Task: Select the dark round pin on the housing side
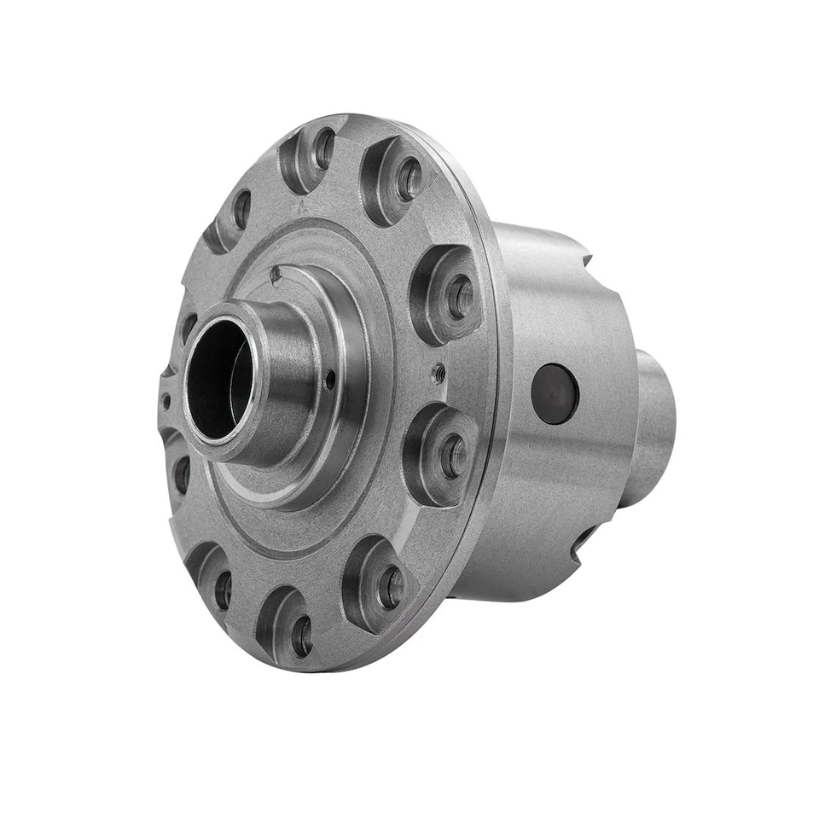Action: coord(555,393)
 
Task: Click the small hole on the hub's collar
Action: coord(330,380)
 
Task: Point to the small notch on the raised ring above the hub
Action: coord(275,274)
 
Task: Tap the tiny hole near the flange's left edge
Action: coord(166,398)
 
